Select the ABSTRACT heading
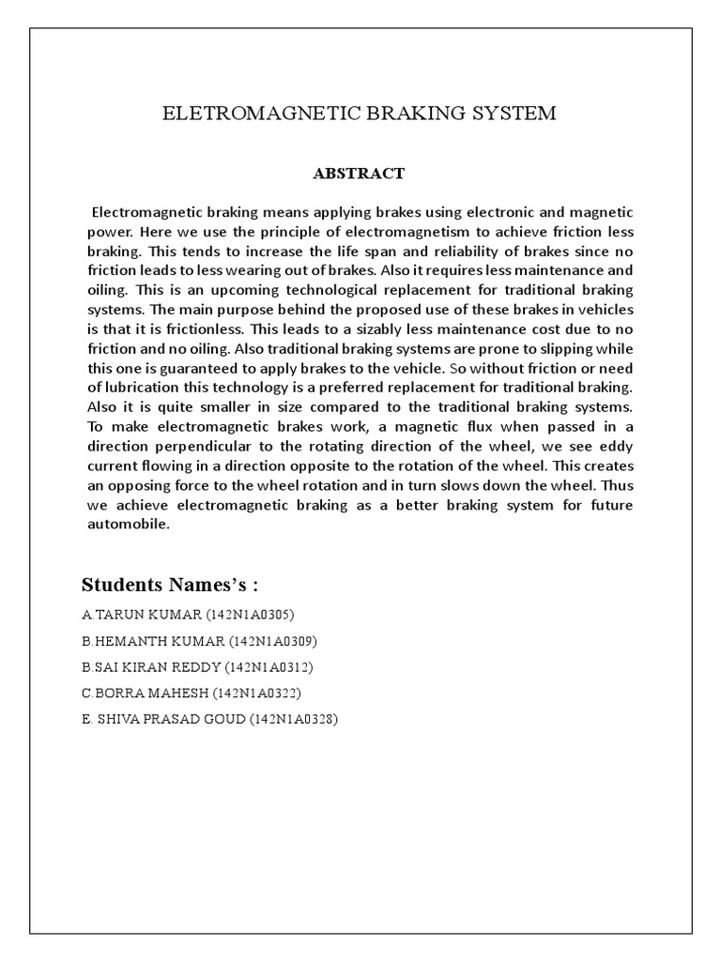[360, 173]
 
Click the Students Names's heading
[170, 585]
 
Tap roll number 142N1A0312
[272, 667]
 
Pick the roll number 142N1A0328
[294, 720]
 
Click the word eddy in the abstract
[616, 447]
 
